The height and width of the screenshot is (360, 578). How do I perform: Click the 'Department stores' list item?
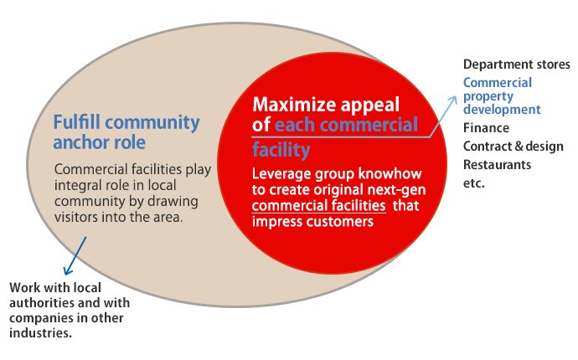(x=517, y=64)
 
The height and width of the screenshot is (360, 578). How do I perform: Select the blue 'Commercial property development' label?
(x=502, y=95)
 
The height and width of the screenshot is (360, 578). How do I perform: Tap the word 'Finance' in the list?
(x=486, y=128)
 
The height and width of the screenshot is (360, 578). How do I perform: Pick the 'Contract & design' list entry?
(x=513, y=147)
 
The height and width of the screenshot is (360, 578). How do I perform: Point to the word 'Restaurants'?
(x=497, y=164)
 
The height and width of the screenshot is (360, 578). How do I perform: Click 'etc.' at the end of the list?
(x=473, y=183)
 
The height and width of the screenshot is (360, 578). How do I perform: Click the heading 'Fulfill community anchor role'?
(x=126, y=132)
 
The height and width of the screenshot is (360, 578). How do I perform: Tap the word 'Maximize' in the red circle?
(x=294, y=105)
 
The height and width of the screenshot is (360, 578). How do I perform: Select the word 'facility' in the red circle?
(x=281, y=150)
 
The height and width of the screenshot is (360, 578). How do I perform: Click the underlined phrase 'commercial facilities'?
(x=319, y=205)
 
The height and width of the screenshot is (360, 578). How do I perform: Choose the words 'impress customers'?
(x=313, y=222)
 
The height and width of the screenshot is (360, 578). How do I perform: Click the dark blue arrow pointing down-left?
(x=75, y=255)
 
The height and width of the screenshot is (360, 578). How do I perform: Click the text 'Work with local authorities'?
(x=55, y=295)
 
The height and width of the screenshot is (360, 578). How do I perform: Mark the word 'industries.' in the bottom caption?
(x=40, y=333)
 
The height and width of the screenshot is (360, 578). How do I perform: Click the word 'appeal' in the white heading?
(x=369, y=105)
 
